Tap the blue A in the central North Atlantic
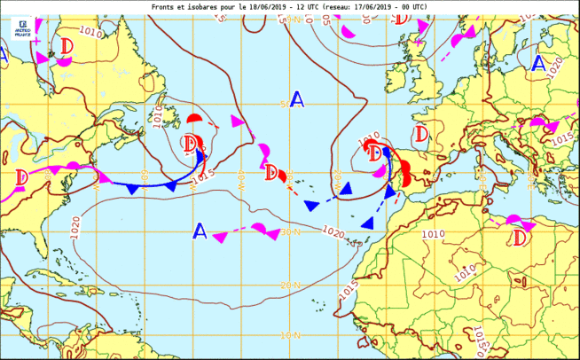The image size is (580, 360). [x=297, y=99]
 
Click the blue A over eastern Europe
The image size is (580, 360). [x=539, y=63]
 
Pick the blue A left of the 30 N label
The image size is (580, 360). [x=200, y=231]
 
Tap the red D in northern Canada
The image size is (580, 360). [x=67, y=45]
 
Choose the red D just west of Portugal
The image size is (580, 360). [x=376, y=153]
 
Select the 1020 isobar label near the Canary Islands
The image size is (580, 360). [x=333, y=232]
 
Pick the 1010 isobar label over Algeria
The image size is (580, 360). [x=434, y=234]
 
